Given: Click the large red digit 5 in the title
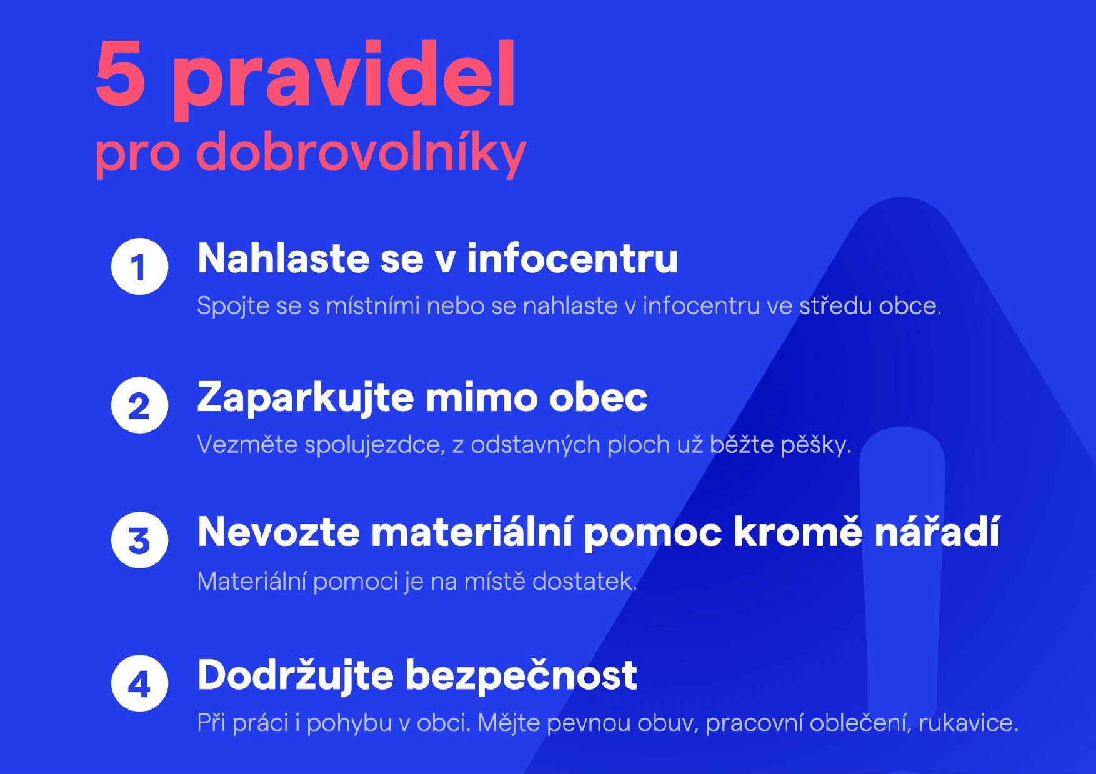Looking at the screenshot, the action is (x=121, y=74).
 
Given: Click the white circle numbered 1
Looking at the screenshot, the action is (x=139, y=266).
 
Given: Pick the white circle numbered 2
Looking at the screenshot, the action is (x=139, y=405).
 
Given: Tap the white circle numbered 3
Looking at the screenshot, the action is (x=139, y=540).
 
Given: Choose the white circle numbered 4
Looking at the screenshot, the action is (x=139, y=683).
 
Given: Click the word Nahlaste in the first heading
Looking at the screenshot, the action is (x=284, y=258).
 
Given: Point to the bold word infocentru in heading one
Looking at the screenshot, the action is (x=572, y=258).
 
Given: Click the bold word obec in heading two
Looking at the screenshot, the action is (x=598, y=397).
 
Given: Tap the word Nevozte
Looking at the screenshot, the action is (x=279, y=532).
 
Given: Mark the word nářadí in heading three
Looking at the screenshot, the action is (x=937, y=532).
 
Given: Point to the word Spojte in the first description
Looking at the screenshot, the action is (x=233, y=307).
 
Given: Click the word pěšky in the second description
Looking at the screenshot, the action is (x=816, y=445).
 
